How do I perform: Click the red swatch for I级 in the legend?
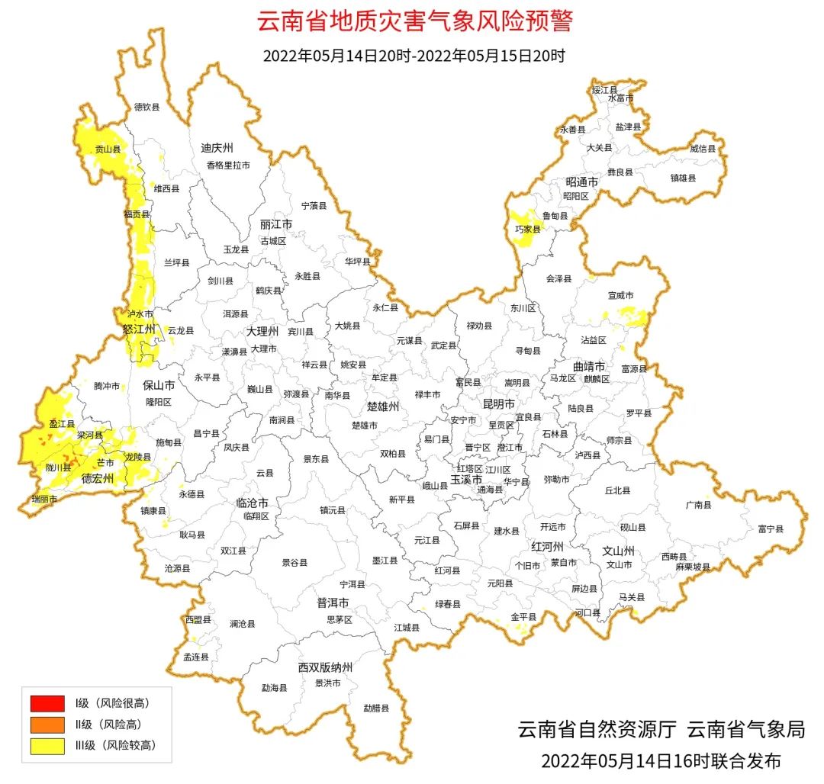[x=47, y=702]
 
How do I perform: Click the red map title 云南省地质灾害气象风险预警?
[x=414, y=21]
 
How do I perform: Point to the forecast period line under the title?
[x=414, y=56]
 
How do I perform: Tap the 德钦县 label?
[x=146, y=108]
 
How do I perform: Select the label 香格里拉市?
[x=227, y=165]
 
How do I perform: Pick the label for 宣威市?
[x=620, y=295]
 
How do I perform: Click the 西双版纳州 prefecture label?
[x=325, y=667]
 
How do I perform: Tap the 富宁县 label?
[x=771, y=529]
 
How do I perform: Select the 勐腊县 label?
[x=376, y=708]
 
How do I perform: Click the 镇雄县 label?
[x=684, y=178]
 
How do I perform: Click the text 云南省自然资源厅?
[x=597, y=730]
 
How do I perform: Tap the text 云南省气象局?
[x=746, y=730]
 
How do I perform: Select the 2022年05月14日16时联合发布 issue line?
[x=661, y=760]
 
